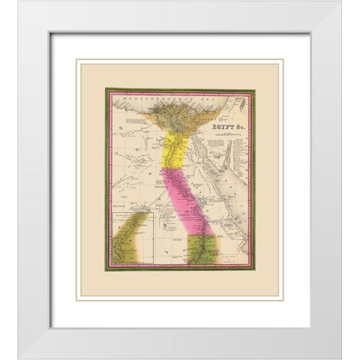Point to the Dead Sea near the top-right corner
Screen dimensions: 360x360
[242, 100]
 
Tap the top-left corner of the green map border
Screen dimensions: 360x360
[106, 88]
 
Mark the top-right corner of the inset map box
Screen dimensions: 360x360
[153, 213]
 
